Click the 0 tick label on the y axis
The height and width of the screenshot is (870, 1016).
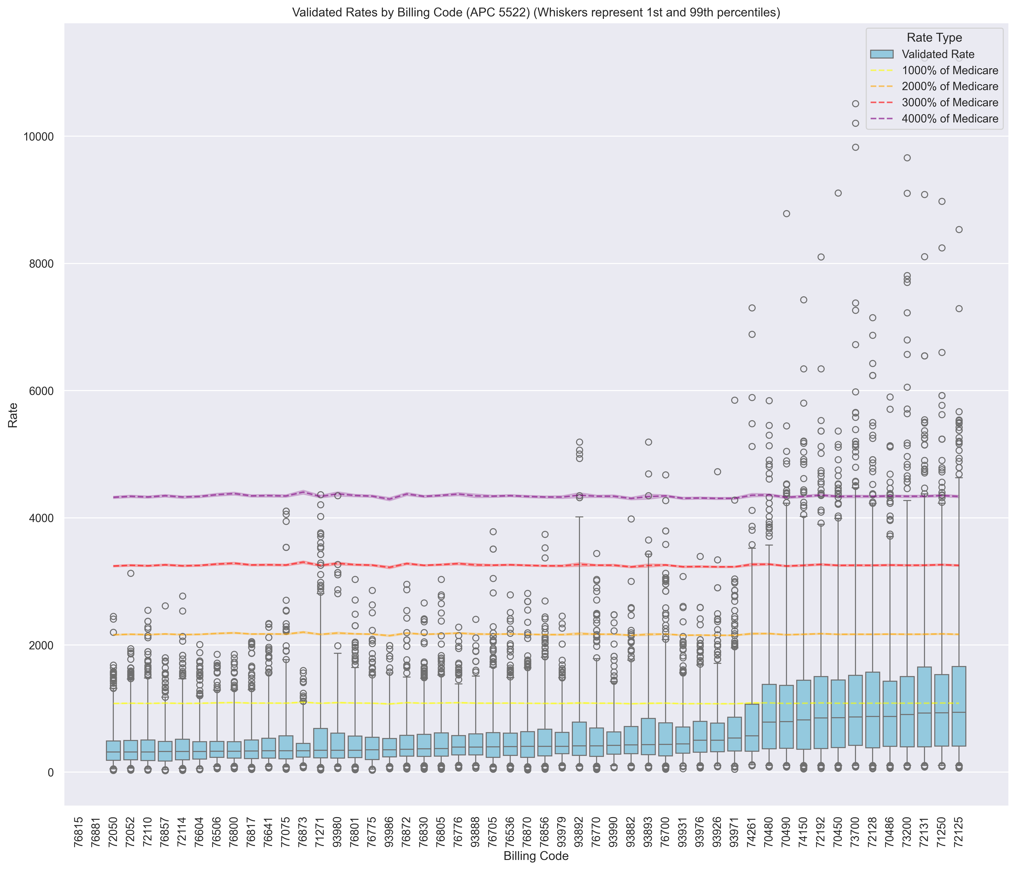[50, 772]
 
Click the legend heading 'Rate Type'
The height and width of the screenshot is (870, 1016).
[934, 38]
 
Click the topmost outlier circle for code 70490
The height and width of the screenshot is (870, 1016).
[786, 214]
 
